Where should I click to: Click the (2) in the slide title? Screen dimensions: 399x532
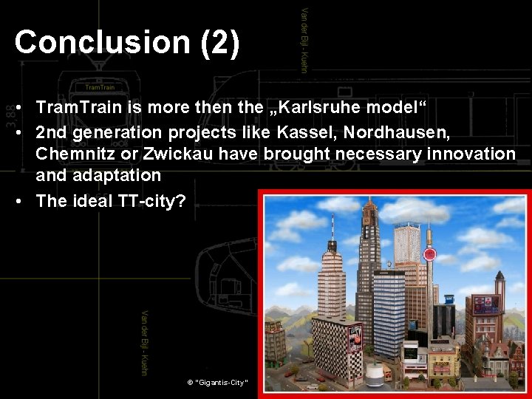219,42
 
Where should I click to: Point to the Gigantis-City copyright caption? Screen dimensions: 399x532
218,383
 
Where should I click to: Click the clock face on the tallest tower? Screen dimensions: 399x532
366,219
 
